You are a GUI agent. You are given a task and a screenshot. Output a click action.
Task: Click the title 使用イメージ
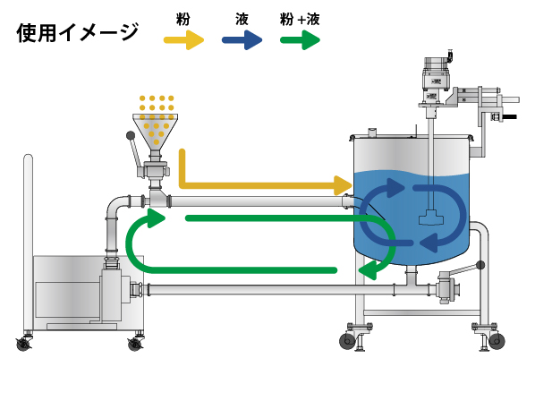pyautogui.click(x=78, y=32)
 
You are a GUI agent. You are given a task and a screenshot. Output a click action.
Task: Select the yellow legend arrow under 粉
pyautogui.click(x=184, y=40)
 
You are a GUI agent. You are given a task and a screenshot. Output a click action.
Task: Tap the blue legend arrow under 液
pyautogui.click(x=242, y=40)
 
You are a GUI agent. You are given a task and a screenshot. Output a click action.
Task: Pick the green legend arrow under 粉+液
pyautogui.click(x=300, y=40)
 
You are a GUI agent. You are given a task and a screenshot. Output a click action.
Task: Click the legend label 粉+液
pyautogui.click(x=300, y=19)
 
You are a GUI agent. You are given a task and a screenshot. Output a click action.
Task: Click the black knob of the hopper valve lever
pyautogui.click(x=131, y=135)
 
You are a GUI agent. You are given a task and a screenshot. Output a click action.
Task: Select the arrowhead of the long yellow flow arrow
pyautogui.click(x=343, y=185)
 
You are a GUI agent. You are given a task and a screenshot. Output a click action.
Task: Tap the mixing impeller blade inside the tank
pyautogui.click(x=431, y=218)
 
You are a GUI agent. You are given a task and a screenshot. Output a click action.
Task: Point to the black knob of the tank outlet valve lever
pyautogui.click(x=480, y=265)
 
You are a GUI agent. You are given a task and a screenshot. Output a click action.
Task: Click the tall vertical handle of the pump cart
pyautogui.click(x=29, y=243)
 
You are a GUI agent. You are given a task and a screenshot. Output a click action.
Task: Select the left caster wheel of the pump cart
pyautogui.click(x=23, y=344)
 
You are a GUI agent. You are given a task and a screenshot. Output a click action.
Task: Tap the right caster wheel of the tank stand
pyautogui.click(x=497, y=341)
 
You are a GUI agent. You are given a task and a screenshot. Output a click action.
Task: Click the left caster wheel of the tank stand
pyautogui.click(x=347, y=341)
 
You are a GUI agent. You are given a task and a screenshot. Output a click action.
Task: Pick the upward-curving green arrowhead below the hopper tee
pyautogui.click(x=156, y=218)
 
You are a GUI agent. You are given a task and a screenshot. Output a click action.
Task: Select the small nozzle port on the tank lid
pyautogui.click(x=372, y=132)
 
